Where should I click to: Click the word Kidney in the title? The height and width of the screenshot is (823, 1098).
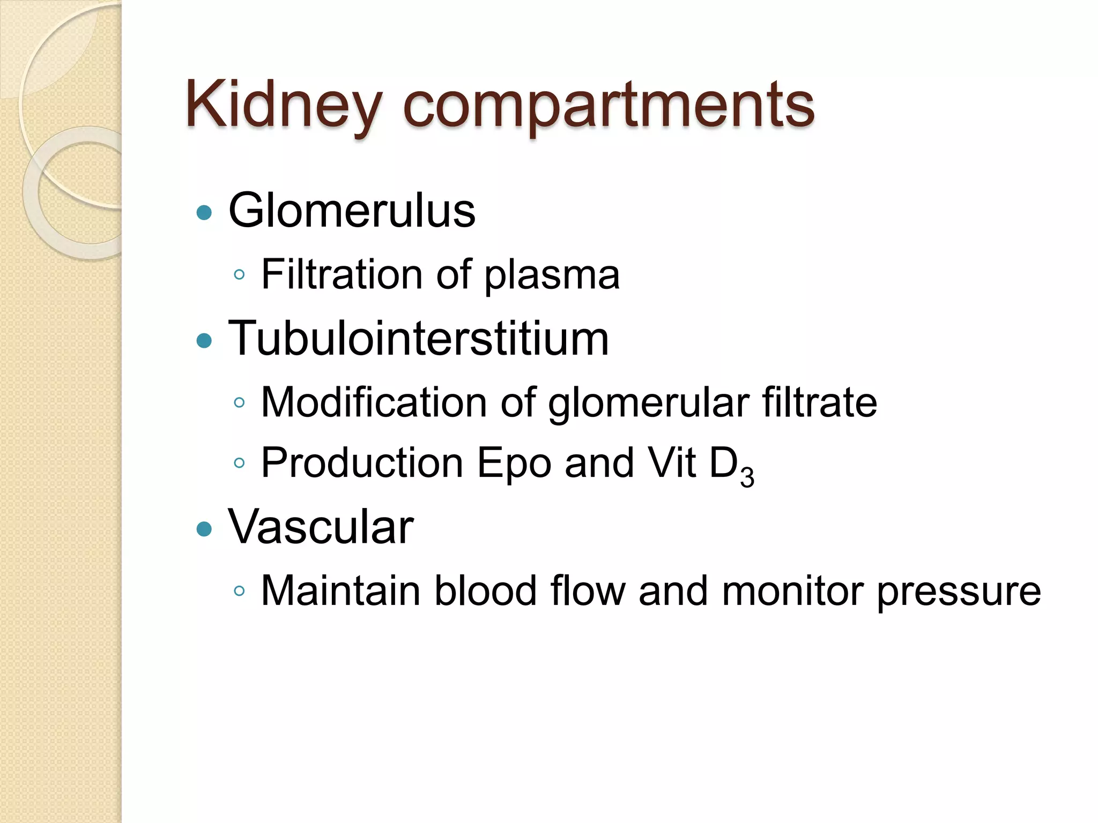[283, 105]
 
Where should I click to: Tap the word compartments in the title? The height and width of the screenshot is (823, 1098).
[608, 106]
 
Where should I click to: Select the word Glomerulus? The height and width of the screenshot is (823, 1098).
[352, 211]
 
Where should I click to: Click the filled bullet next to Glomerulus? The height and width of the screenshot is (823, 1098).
[204, 213]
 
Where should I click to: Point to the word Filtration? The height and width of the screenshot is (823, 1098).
[342, 274]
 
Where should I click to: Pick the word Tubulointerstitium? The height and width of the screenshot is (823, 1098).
[418, 338]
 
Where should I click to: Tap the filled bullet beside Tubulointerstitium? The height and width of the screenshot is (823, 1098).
[204, 341]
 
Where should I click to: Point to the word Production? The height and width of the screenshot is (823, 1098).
[362, 463]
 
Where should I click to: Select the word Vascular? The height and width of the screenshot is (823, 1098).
[321, 527]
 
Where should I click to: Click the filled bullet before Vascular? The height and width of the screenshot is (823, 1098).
[204, 530]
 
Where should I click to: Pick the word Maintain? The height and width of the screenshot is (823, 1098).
[340, 590]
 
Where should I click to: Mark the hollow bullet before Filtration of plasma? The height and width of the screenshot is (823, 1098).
[239, 275]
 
